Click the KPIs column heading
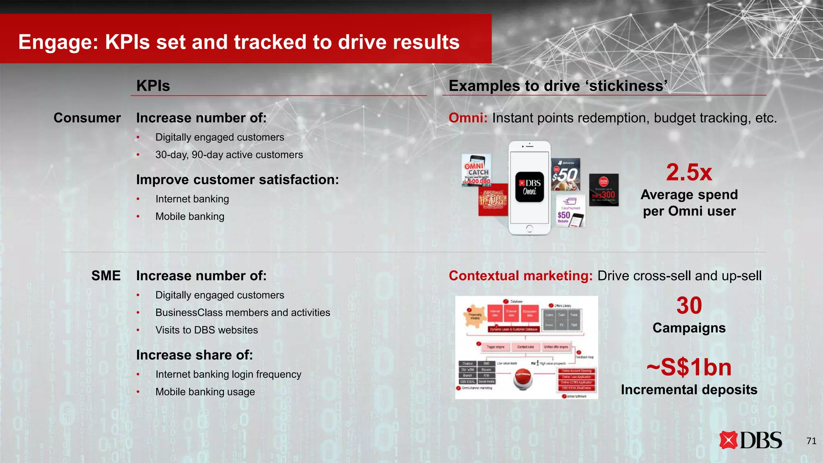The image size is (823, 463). point(153,86)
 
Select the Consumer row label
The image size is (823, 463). point(87,118)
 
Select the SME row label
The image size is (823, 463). point(106,276)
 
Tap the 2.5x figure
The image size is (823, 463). point(689,172)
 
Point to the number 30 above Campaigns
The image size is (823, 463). point(689,305)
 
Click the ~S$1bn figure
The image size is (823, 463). point(689,367)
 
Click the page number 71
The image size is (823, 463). point(811,441)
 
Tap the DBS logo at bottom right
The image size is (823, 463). point(750,440)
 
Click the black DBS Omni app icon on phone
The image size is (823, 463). point(529,187)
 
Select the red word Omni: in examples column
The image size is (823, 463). point(468,118)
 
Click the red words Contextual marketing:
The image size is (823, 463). point(520,276)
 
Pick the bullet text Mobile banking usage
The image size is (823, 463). point(205,392)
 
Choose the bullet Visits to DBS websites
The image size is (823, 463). point(207,330)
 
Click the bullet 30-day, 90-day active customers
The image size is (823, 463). point(229,155)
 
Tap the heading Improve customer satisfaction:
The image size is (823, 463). point(237,180)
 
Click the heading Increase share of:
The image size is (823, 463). point(194,355)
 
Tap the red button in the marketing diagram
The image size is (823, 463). point(523,379)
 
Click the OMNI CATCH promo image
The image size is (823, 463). point(477,170)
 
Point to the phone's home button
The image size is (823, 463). point(529,229)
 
